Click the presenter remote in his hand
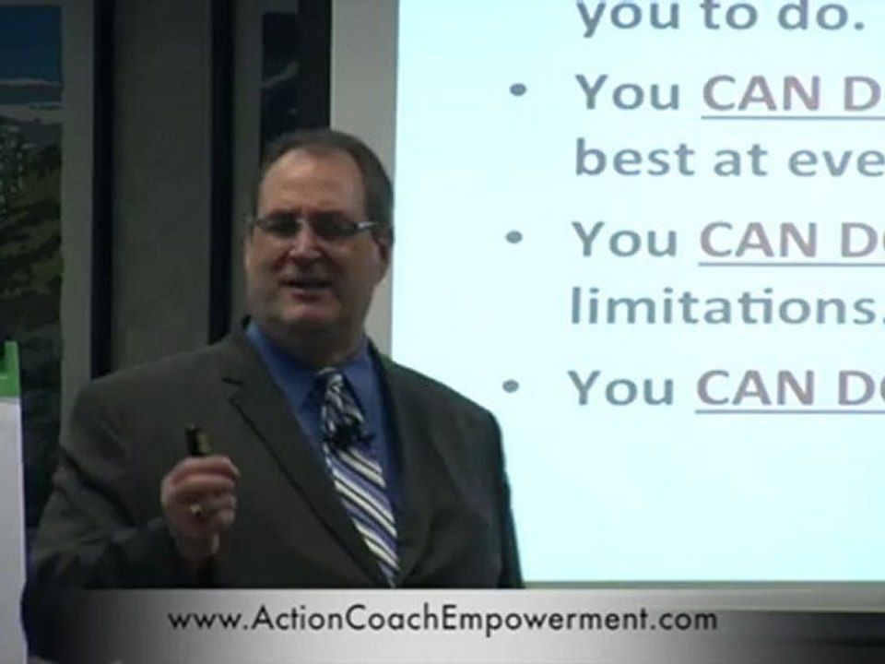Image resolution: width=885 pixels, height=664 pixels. pos(196,441)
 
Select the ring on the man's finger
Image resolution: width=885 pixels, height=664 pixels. pos(195,508)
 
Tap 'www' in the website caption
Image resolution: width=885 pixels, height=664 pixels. pos(198,621)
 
